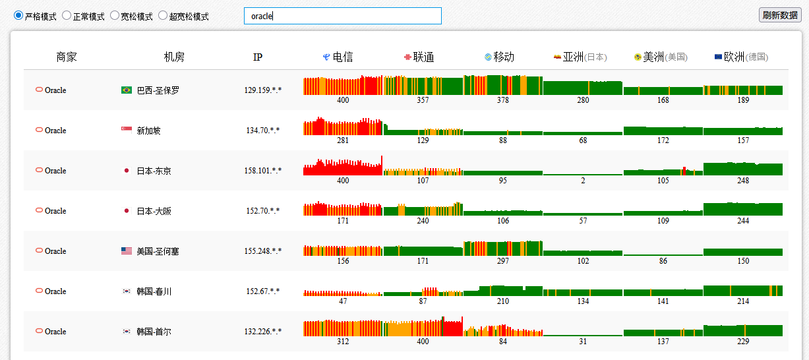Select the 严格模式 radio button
(18, 16)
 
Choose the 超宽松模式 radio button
(163, 16)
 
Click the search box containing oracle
(342, 16)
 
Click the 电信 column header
(338, 57)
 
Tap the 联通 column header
(419, 57)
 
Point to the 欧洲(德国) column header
(742, 57)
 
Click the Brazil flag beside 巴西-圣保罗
(127, 90)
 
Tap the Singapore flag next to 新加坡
(127, 130)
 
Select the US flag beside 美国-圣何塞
(127, 251)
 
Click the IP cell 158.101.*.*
(262, 170)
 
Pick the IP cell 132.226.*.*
(262, 332)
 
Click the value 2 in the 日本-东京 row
(583, 181)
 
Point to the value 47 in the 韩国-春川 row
(343, 301)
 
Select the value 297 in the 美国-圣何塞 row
(502, 261)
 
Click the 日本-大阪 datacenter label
(154, 211)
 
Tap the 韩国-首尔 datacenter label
(154, 332)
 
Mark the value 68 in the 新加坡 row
(583, 140)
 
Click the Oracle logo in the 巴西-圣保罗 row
(39, 89)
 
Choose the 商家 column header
(67, 57)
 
